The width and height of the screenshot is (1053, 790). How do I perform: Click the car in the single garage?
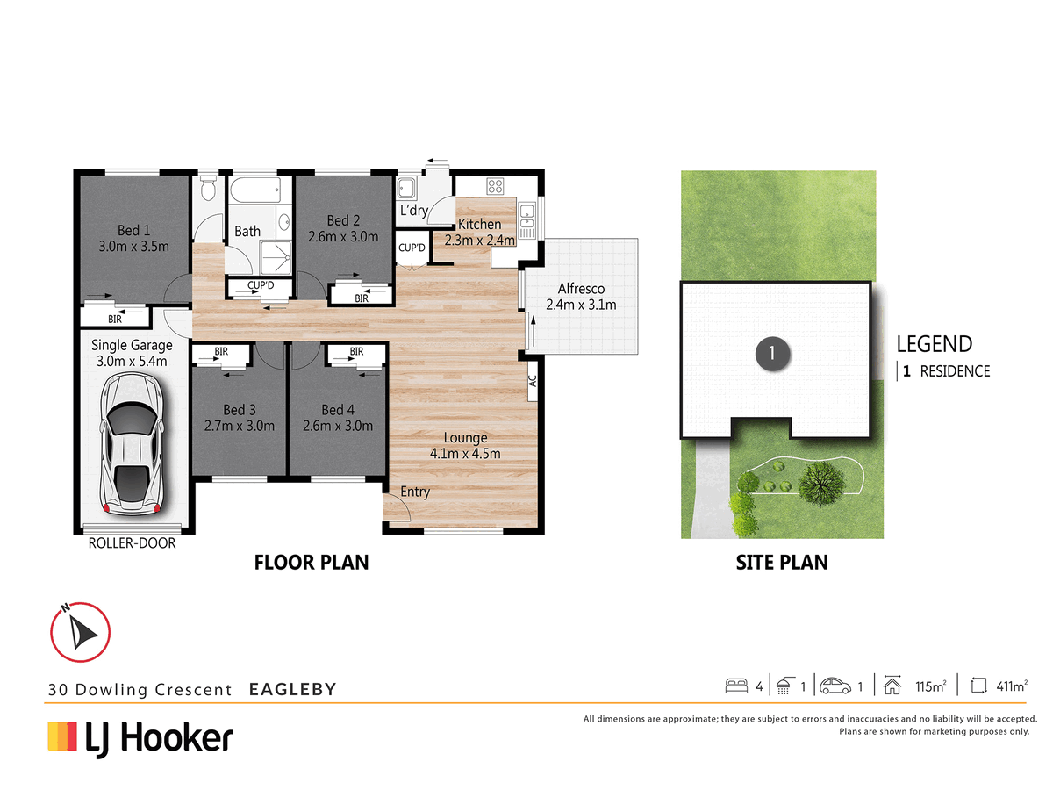tap(132, 443)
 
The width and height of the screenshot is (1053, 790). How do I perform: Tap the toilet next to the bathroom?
tap(208, 188)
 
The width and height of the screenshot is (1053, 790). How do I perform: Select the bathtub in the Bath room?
tap(255, 190)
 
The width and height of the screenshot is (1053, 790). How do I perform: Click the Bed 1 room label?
tap(134, 230)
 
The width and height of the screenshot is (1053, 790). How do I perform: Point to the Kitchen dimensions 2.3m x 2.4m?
tap(479, 240)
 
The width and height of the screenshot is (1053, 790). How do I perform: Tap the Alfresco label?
tap(581, 288)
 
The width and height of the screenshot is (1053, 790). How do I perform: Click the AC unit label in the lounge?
tap(532, 381)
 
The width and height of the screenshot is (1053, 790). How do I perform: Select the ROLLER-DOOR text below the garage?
tap(132, 543)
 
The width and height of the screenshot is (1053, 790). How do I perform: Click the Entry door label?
tap(415, 492)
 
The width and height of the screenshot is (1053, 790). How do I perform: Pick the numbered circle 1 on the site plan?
tap(772, 354)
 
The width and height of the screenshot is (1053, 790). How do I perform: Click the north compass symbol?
tap(80, 632)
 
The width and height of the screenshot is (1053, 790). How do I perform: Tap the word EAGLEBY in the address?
tap(292, 689)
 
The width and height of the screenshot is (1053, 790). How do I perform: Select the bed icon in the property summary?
tap(736, 686)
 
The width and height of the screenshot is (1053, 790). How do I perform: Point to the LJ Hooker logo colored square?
tap(62, 736)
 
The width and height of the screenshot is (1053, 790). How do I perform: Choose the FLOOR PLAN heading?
tap(312, 563)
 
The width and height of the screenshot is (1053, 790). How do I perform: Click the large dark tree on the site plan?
tap(821, 483)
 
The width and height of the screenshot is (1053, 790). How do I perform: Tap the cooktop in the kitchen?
tap(495, 185)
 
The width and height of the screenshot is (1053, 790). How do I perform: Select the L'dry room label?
tap(413, 210)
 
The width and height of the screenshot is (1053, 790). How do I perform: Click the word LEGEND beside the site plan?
tap(934, 344)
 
